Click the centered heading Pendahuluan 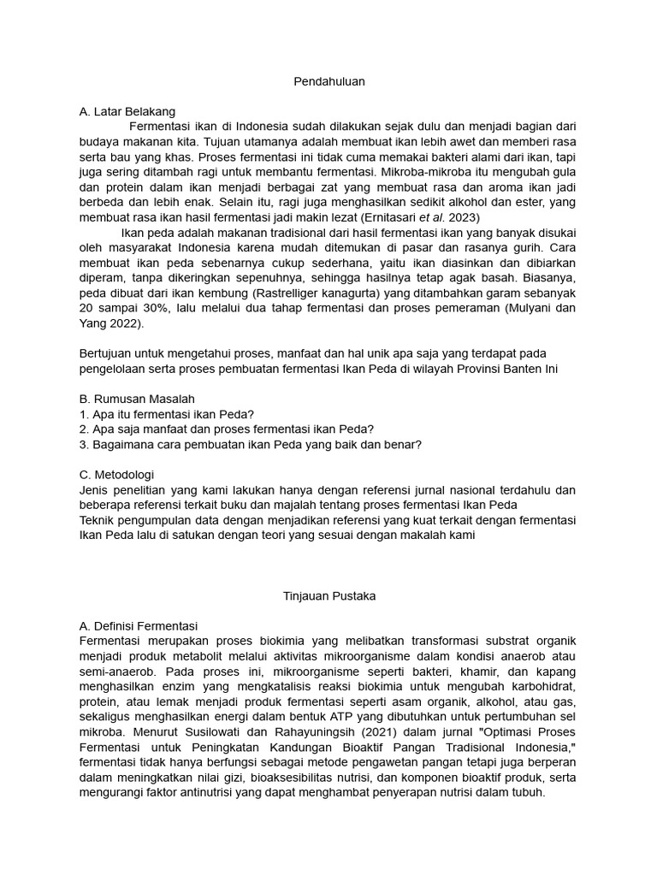tap(328, 81)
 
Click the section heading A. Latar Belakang tap(127, 111)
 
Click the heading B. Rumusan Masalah tap(137, 399)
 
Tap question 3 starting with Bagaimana tap(250, 444)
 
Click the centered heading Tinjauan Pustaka tap(329, 595)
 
